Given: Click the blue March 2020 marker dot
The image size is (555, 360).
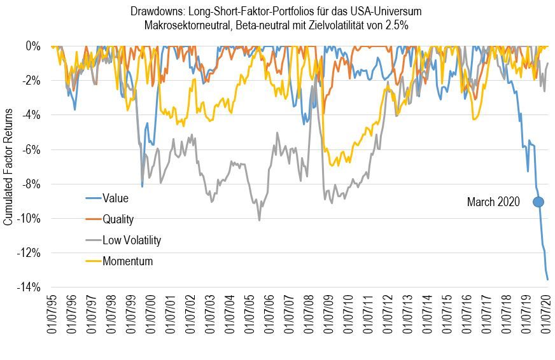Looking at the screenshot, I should click(538, 202).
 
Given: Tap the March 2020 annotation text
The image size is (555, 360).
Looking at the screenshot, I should click(493, 202).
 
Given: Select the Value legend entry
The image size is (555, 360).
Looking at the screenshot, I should click(115, 198).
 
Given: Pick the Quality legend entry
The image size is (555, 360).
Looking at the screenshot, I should click(118, 219).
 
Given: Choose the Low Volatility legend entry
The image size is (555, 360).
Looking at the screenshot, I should click(132, 240).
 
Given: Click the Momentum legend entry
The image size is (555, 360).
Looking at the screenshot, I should click(127, 261).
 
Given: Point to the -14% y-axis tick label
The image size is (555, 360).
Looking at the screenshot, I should click(29, 287).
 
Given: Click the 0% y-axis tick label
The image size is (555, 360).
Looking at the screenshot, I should click(34, 46).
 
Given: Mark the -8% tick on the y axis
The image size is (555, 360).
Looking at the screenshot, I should click(31, 184).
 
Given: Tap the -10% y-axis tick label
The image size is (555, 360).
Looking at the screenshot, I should click(29, 219).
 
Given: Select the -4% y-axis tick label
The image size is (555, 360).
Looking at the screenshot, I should click(31, 115).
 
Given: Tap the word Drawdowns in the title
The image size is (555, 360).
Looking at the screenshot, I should click(155, 11).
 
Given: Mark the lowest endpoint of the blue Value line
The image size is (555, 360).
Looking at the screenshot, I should click(547, 279).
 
